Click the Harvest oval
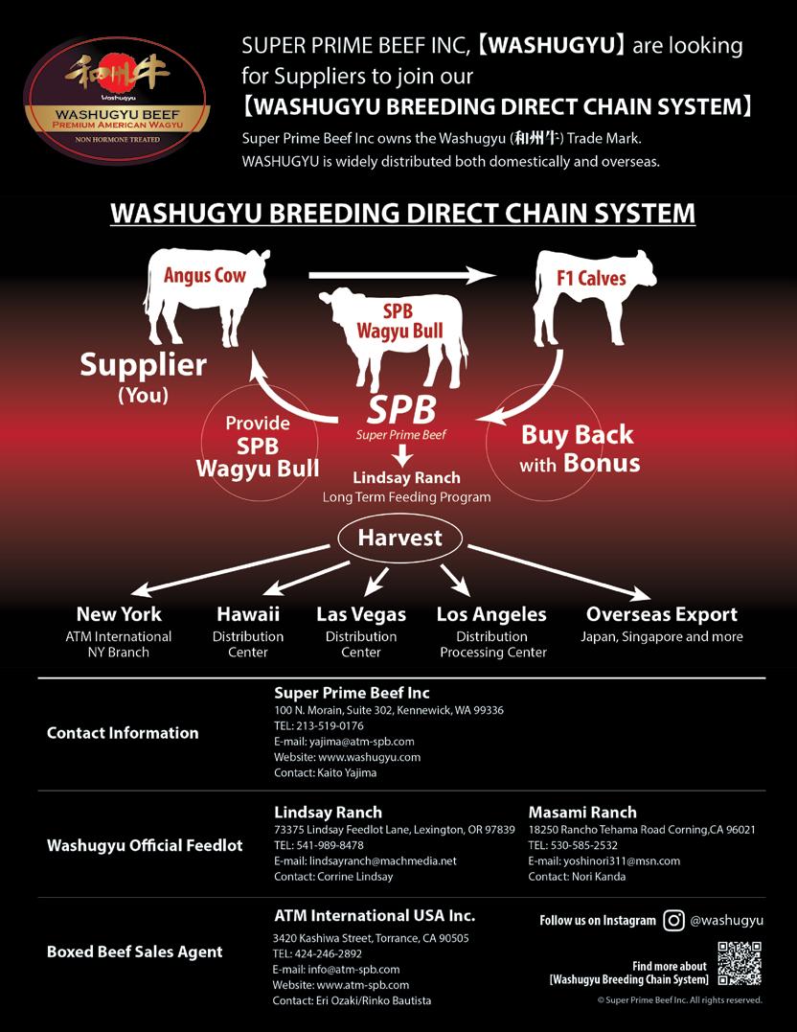click(399, 538)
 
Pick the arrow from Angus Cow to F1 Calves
click(401, 275)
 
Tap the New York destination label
click(119, 614)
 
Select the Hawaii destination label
click(248, 614)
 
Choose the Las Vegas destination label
click(361, 614)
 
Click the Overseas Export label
click(662, 614)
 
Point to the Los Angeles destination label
click(491, 614)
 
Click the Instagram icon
click(673, 921)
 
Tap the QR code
click(739, 963)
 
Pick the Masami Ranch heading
click(582, 812)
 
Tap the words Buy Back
click(578, 435)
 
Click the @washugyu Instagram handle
click(727, 921)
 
